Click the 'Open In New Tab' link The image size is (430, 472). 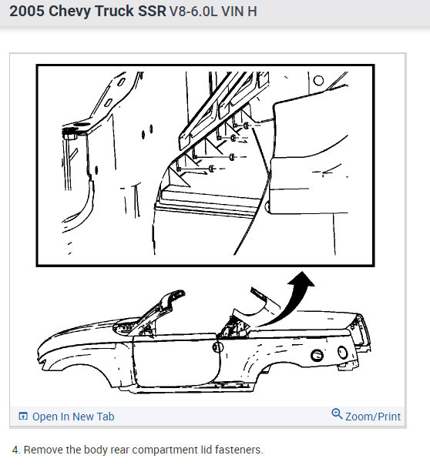pos(73,417)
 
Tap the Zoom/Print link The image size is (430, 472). pos(373,417)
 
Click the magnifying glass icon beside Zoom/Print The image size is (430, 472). pos(337,414)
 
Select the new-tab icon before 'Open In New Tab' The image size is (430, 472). pos(23,416)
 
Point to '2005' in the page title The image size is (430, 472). pos(27,11)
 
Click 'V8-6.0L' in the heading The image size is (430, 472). pos(193,12)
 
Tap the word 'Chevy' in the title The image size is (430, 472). pos(70,12)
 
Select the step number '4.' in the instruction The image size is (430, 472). pos(16,450)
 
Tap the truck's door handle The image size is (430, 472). pos(217,347)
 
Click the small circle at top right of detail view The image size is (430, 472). pos(318,80)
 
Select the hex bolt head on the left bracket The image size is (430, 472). pos(69,135)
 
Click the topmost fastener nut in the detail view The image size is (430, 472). pos(246,126)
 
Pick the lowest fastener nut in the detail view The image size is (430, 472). pos(212,169)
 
